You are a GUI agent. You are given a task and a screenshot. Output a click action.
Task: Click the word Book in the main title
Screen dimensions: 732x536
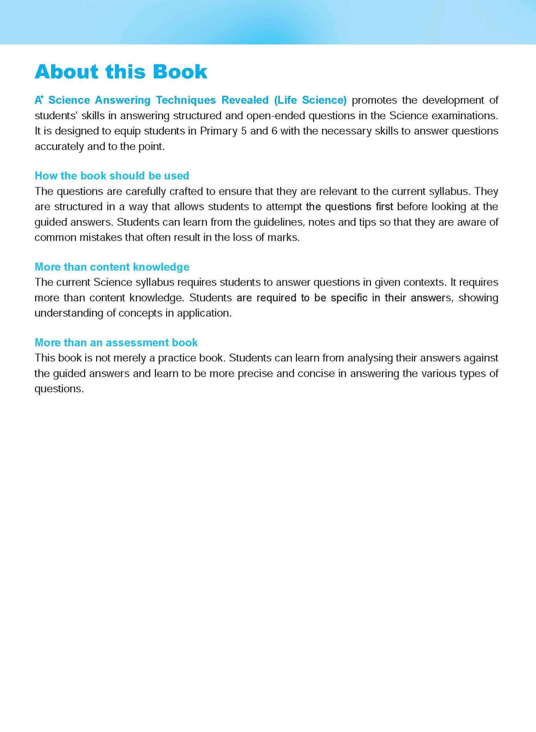point(180,72)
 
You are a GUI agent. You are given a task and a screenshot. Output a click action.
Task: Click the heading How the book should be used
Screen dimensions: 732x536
point(111,176)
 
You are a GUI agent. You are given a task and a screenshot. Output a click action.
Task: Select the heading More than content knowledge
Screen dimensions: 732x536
point(112,267)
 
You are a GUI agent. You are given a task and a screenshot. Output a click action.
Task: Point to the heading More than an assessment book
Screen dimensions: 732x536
point(116,342)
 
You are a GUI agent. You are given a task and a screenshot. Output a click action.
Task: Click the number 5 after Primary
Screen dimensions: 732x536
point(244,131)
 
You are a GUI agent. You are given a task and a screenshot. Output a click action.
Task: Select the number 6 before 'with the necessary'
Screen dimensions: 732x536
point(274,131)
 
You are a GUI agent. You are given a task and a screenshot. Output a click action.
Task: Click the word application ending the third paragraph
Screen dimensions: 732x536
point(204,313)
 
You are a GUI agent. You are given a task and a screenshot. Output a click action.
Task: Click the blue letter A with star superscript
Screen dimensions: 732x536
point(39,100)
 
